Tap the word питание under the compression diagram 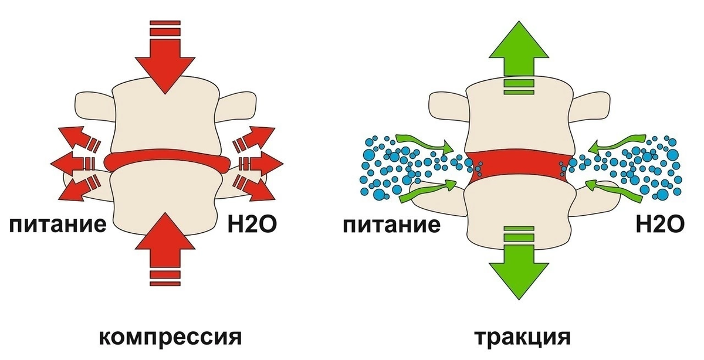56,225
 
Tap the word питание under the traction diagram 391,225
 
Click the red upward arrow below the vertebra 166,252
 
